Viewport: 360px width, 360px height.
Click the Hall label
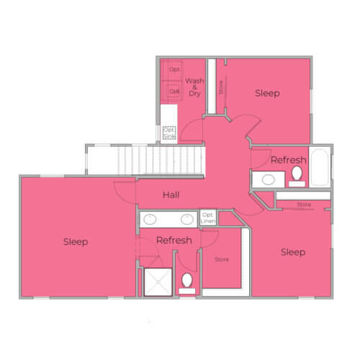coord(171,195)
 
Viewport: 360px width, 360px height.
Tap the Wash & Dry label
coord(194,87)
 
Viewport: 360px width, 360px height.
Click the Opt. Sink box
coord(169,132)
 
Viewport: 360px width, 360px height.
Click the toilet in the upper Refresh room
coord(296,175)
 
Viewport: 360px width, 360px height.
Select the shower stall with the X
coord(157,281)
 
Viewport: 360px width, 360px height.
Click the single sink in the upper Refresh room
coord(267,179)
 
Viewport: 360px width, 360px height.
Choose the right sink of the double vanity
coord(186,220)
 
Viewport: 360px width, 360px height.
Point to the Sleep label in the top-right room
coord(267,93)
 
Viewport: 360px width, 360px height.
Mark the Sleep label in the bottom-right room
coord(293,252)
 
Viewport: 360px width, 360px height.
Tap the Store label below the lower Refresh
coord(222,259)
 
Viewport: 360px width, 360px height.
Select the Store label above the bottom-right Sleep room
coord(304,205)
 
